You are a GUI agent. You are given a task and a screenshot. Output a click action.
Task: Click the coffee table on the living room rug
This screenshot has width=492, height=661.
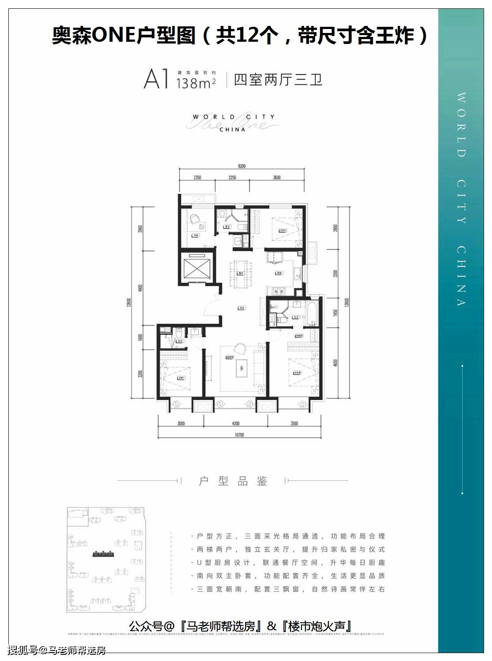click(x=241, y=367)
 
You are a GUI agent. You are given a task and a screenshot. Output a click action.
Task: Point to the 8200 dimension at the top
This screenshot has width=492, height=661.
click(x=241, y=166)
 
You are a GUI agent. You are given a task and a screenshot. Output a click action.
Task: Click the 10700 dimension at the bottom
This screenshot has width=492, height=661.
click(x=239, y=435)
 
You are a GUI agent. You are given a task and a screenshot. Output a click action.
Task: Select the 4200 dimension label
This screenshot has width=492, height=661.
click(x=235, y=424)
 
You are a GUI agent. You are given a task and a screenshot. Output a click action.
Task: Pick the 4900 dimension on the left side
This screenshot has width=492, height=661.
click(x=140, y=289)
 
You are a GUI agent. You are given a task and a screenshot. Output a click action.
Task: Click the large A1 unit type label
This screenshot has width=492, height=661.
click(x=156, y=80)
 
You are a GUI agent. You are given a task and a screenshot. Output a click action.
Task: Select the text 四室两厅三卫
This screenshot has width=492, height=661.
click(x=278, y=80)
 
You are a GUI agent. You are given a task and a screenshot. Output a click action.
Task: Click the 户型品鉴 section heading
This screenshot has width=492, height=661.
click(x=233, y=481)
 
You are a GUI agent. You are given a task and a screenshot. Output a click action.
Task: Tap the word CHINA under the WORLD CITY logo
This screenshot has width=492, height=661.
click(x=232, y=130)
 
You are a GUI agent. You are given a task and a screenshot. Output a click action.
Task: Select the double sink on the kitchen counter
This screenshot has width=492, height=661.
click(x=278, y=291)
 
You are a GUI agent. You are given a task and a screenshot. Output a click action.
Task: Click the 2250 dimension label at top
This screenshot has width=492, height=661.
click(x=232, y=178)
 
